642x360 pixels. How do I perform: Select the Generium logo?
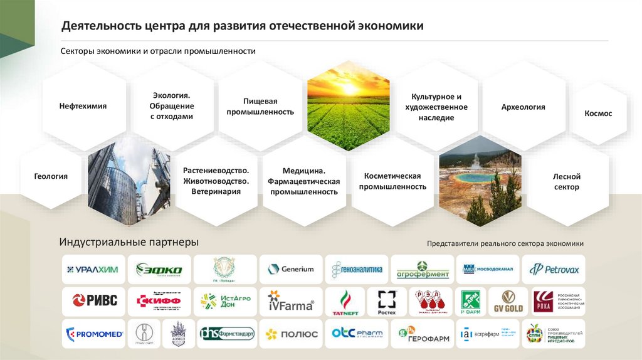tap(291, 270)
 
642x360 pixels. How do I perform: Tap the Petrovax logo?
tap(554, 270)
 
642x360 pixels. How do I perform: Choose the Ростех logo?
tap(387, 302)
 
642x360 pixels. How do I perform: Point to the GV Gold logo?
tap(508, 302)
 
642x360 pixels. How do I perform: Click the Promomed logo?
tap(94, 334)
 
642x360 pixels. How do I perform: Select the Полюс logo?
tap(291, 334)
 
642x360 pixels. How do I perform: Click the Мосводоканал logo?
tap(488, 270)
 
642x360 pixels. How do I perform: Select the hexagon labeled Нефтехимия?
tap(83, 107)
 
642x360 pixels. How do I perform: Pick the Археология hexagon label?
tap(523, 107)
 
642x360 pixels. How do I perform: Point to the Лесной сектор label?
tap(567, 182)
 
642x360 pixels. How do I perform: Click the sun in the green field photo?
tap(349, 89)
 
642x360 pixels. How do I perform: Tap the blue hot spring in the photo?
tap(480, 177)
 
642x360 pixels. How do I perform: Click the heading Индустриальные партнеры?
tap(129, 241)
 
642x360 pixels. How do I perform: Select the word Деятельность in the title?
tap(100, 26)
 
